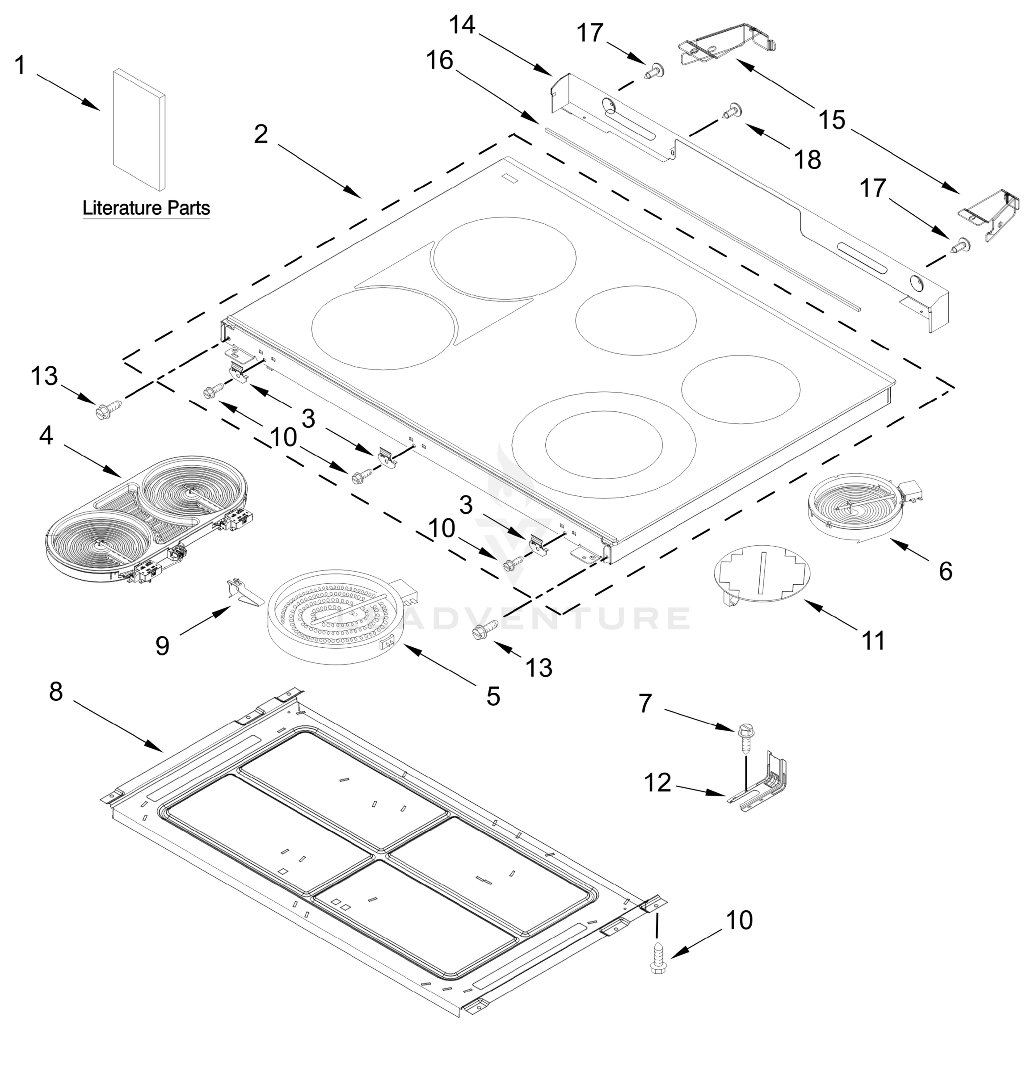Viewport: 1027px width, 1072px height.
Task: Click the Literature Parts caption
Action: [146, 209]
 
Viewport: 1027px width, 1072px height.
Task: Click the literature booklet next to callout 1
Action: [139, 130]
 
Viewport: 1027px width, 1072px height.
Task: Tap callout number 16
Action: [440, 60]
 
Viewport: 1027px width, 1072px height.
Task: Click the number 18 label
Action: [808, 160]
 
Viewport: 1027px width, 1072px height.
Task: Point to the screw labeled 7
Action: [745, 738]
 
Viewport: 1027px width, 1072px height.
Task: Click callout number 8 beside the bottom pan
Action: [56, 692]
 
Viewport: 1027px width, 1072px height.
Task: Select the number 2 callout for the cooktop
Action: [261, 134]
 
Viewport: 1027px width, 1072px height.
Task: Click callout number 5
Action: [493, 697]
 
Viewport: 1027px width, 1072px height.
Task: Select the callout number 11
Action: [873, 641]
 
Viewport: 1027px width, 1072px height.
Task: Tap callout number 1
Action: [20, 66]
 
